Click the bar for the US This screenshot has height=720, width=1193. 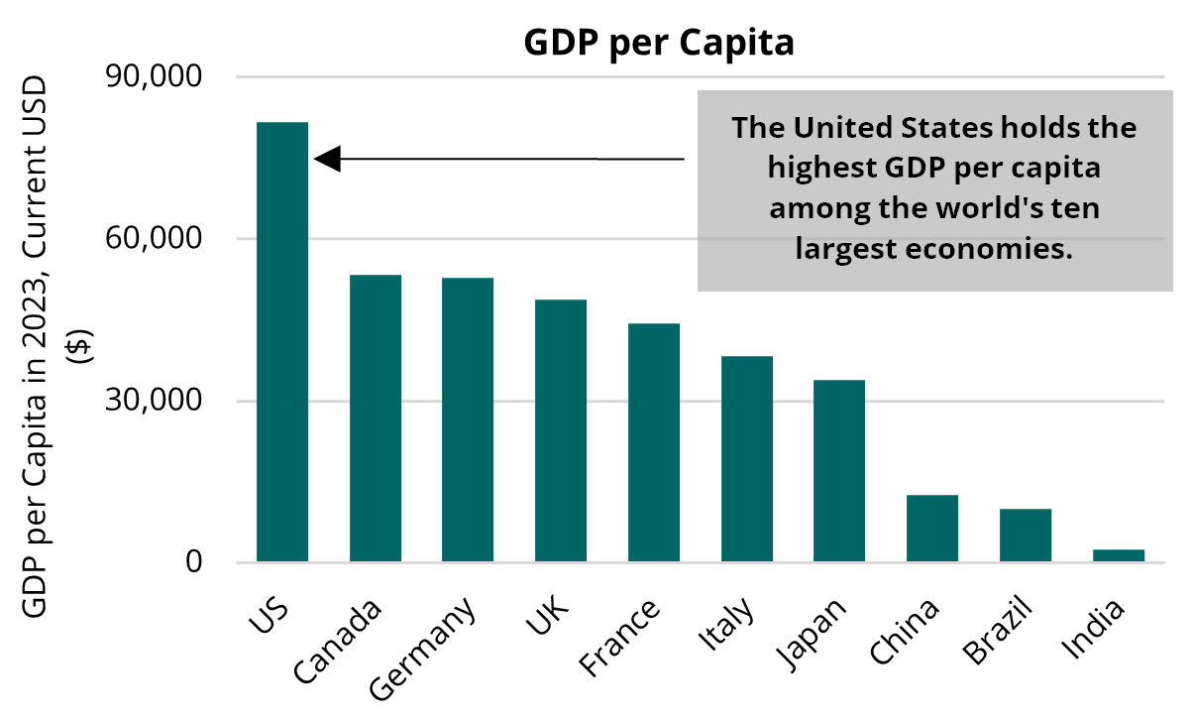tap(282, 342)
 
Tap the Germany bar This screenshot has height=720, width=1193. tap(468, 420)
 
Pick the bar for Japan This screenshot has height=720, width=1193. tap(839, 471)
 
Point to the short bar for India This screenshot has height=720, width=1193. tap(1118, 555)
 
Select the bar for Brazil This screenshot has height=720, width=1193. tap(1026, 536)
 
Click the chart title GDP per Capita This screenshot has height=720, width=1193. tap(659, 45)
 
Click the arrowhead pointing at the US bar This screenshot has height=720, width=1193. tap(328, 158)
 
